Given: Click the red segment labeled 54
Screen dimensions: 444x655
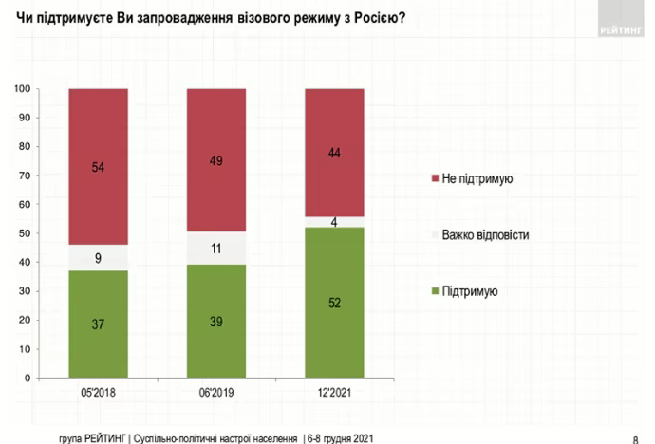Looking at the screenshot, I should pyautogui.click(x=98, y=167).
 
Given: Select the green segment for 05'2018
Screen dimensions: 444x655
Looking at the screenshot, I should pyautogui.click(x=98, y=324).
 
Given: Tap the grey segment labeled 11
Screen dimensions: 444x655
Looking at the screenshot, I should pyautogui.click(x=216, y=249).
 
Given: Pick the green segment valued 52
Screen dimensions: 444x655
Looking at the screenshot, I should pyautogui.click(x=333, y=303).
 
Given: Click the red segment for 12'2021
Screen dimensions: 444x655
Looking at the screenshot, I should pyautogui.click(x=333, y=152).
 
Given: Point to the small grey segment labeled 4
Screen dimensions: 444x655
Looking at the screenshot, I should pyautogui.click(x=333, y=222).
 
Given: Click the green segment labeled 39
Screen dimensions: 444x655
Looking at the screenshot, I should pyautogui.click(x=216, y=322).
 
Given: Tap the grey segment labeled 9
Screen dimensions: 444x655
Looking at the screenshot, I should pyautogui.click(x=98, y=258).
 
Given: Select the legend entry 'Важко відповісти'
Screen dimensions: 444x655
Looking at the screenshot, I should pyautogui.click(x=484, y=234).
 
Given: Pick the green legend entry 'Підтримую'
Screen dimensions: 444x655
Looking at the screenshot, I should pyautogui.click(x=471, y=291).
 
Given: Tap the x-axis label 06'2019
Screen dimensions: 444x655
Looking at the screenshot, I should pyautogui.click(x=216, y=392).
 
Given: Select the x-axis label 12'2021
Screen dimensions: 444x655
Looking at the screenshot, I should pyautogui.click(x=333, y=392).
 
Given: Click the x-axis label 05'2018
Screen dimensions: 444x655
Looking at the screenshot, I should pyautogui.click(x=98, y=392).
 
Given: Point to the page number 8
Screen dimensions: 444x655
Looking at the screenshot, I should pyautogui.click(x=634, y=437).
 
